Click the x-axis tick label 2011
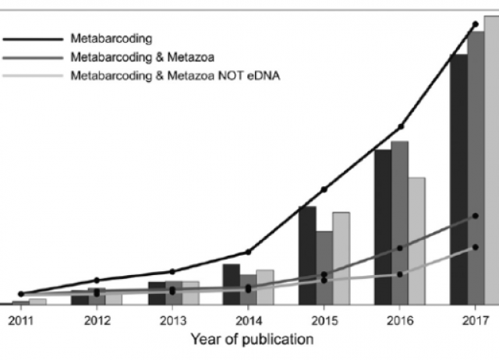tap(20, 319)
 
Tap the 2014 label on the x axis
tap(248, 319)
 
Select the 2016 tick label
tap(399, 319)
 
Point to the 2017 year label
tap(475, 319)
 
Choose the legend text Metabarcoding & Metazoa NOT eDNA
tap(175, 76)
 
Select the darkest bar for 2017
tap(458, 178)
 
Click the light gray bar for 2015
tap(341, 257)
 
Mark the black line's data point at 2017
tap(475, 25)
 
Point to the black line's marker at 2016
tap(400, 126)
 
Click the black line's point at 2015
tap(324, 189)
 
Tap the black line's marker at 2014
tap(248, 252)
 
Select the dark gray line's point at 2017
tap(475, 216)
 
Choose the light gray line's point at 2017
tap(475, 247)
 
